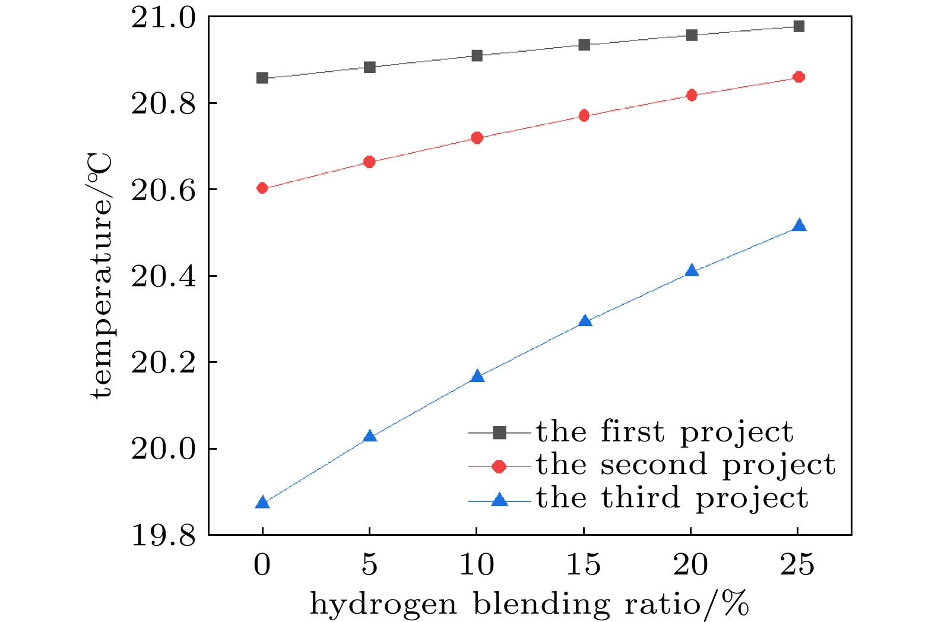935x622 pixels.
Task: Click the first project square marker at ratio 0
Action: pyautogui.click(x=262, y=78)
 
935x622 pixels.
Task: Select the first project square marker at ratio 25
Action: pyautogui.click(x=799, y=26)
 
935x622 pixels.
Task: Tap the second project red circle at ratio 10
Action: pyautogui.click(x=477, y=138)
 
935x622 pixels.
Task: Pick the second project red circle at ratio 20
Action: pyautogui.click(x=692, y=95)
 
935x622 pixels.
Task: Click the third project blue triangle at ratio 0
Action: pyautogui.click(x=262, y=503)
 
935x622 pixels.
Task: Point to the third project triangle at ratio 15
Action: pyautogui.click(x=585, y=321)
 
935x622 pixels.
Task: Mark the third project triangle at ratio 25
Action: pyautogui.click(x=799, y=226)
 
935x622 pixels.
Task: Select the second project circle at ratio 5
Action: pyautogui.click(x=369, y=162)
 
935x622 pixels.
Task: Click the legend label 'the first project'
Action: pyautogui.click(x=664, y=432)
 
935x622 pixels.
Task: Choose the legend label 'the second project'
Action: pyautogui.click(x=686, y=465)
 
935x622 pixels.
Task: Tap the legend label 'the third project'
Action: pyautogui.click(x=672, y=498)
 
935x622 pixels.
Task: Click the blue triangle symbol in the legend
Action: pyautogui.click(x=500, y=500)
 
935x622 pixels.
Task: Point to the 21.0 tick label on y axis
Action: pyautogui.click(x=163, y=18)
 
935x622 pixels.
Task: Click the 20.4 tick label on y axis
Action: pyautogui.click(x=163, y=276)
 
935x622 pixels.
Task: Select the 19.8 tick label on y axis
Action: pyautogui.click(x=163, y=535)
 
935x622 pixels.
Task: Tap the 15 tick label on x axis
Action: pyautogui.click(x=584, y=564)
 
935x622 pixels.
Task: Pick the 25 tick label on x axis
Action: pyautogui.click(x=798, y=564)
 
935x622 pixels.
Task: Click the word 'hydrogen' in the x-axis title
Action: pyautogui.click(x=383, y=605)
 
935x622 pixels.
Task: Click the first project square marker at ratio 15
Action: pyautogui.click(x=584, y=45)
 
